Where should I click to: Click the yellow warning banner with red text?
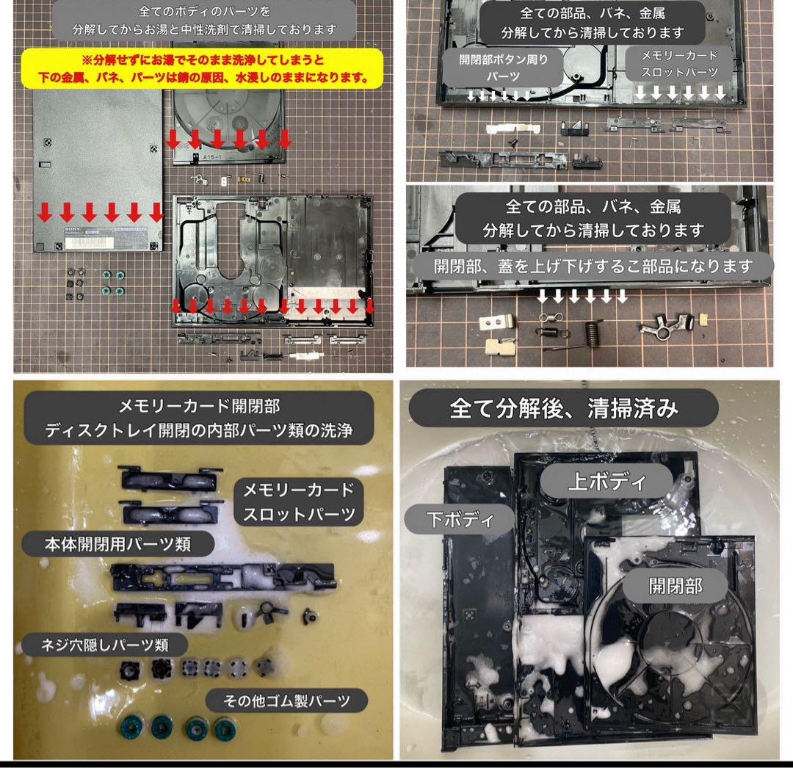click(203, 69)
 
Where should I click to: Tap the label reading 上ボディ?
click(606, 481)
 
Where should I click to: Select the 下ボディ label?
click(460, 519)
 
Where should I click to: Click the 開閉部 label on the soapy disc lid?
click(676, 586)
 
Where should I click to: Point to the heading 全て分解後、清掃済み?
click(563, 408)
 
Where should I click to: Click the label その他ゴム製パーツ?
click(286, 700)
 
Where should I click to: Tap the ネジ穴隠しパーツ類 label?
click(105, 645)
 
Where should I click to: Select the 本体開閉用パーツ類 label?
click(117, 543)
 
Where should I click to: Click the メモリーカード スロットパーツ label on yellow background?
click(299, 502)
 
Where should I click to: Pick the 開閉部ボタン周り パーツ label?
click(503, 68)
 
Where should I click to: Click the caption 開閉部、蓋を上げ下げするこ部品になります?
click(593, 266)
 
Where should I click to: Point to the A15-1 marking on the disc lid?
click(212, 157)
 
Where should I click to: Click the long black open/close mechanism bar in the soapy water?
click(222, 577)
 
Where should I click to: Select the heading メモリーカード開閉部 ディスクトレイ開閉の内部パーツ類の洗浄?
click(198, 418)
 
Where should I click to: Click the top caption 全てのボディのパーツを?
click(204, 10)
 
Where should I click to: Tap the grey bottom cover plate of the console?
click(98, 170)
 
